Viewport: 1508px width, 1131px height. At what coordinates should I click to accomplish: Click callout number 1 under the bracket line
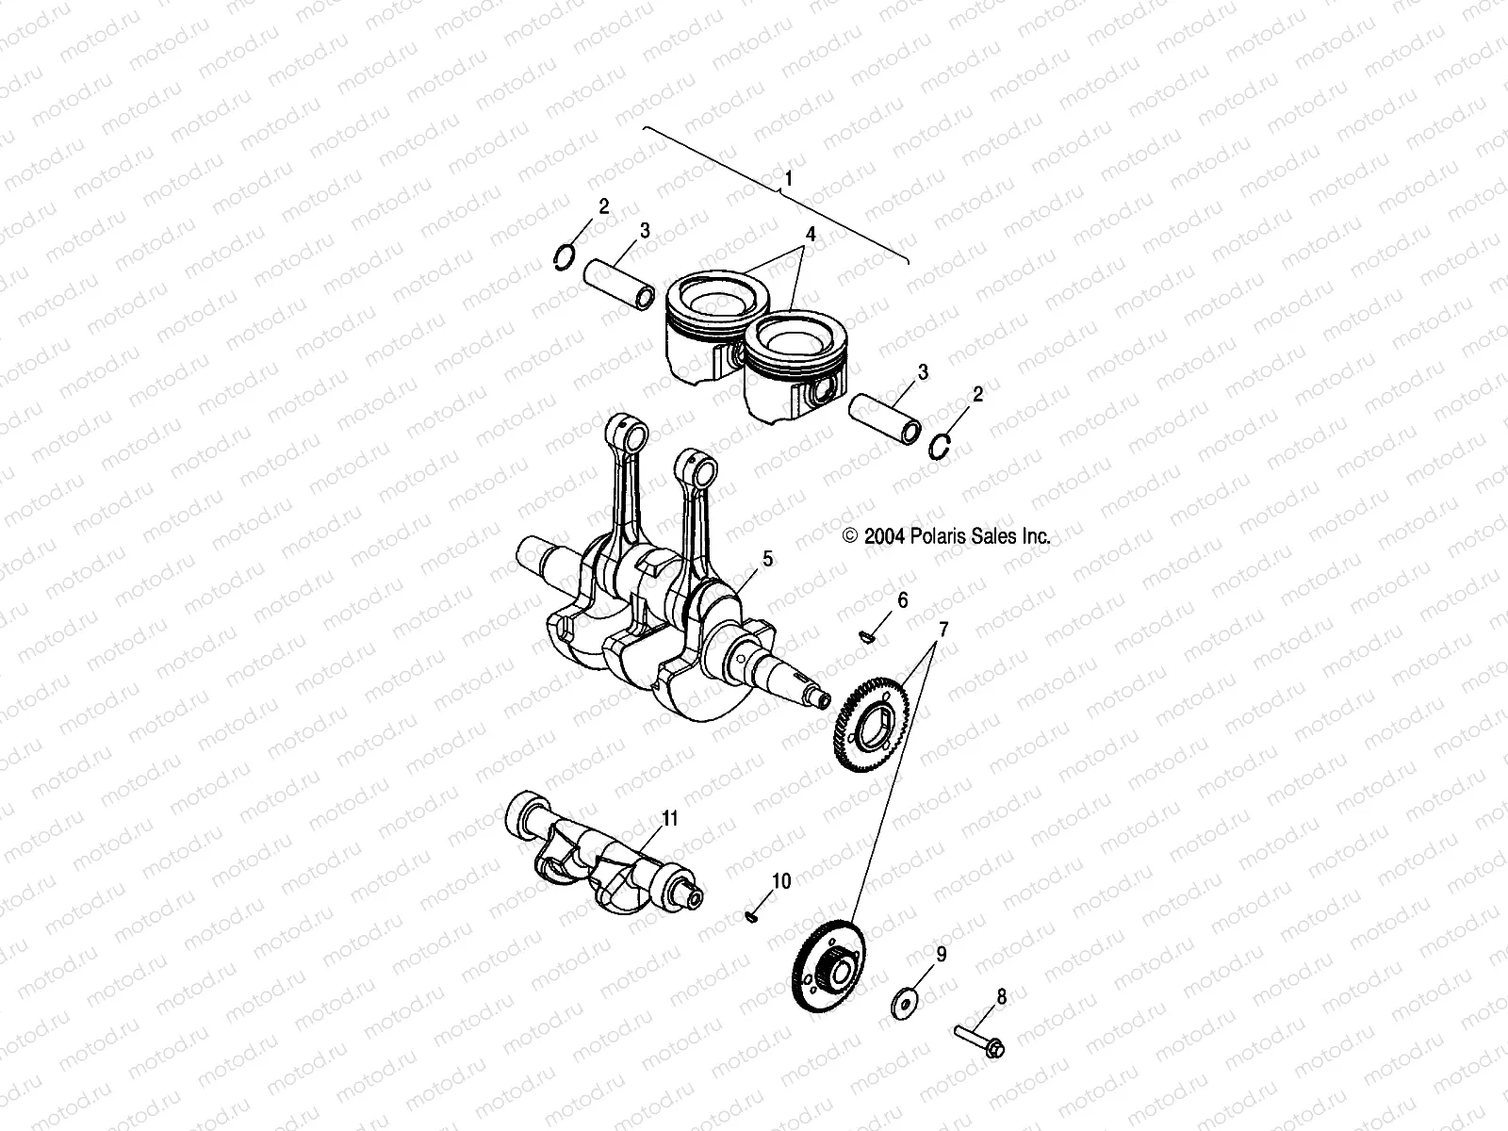point(788,177)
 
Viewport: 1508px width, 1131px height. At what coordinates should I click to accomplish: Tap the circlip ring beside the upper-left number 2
point(564,256)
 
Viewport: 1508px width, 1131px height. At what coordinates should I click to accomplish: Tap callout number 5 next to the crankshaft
point(767,559)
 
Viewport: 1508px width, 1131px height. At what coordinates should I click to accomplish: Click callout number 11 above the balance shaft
point(669,817)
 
